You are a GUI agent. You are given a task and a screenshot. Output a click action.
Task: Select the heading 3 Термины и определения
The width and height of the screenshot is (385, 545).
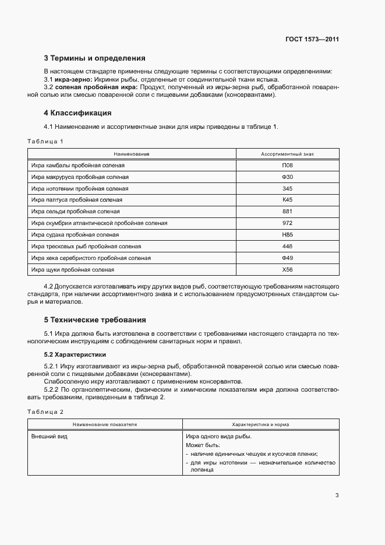coord(94,58)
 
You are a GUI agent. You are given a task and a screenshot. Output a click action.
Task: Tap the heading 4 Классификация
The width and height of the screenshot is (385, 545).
coord(77,112)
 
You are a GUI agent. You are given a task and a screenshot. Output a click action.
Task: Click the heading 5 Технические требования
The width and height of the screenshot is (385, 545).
coord(95,319)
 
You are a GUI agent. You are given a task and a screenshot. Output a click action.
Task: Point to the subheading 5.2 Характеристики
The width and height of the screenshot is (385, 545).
coord(75,354)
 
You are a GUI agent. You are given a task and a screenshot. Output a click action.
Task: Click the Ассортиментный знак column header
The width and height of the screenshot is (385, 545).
coord(287,154)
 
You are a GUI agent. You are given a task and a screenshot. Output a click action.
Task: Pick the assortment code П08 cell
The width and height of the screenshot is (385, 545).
coord(287,166)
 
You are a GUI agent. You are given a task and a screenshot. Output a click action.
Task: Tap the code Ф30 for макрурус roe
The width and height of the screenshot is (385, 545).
coord(287,177)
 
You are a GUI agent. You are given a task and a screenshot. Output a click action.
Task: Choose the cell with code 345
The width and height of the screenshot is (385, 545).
coord(287,189)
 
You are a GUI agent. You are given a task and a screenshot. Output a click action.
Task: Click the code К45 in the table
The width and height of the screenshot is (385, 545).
coord(287,200)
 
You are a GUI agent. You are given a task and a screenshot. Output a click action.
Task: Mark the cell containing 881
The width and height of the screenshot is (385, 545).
coord(287,212)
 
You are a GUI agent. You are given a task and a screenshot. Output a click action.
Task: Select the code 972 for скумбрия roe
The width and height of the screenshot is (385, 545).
coord(287,223)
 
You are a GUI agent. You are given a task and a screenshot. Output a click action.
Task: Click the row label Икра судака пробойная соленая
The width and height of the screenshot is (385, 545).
coord(75,235)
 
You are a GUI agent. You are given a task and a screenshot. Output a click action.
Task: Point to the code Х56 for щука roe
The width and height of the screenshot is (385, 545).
coord(287,270)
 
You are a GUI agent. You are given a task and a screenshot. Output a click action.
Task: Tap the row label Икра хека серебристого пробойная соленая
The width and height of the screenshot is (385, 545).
coord(91,258)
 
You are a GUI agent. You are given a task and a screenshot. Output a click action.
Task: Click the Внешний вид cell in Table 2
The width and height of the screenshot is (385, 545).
coord(49,436)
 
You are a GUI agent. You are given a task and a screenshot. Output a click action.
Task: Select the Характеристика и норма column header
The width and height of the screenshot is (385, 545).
coord(260,425)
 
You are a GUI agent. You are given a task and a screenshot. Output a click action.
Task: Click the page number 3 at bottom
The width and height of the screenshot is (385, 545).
coord(337,495)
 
